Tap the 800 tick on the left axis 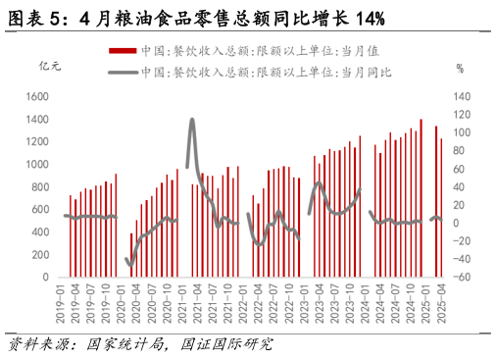[x=42, y=186]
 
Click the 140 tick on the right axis [x=460, y=96]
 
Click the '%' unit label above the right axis [x=459, y=68]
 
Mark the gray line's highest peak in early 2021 [x=192, y=120]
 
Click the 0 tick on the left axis [x=47, y=278]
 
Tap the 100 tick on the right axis [x=460, y=132]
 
